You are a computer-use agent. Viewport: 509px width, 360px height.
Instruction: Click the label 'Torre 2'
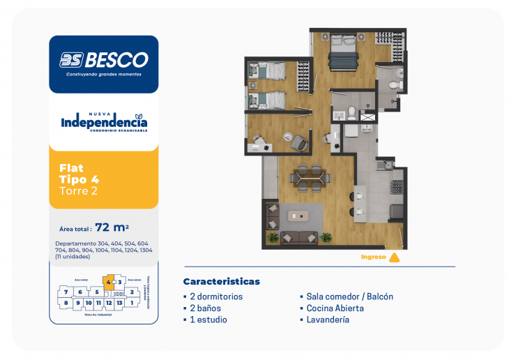[x=78, y=190]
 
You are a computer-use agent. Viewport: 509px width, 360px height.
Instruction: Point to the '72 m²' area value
[x=112, y=227]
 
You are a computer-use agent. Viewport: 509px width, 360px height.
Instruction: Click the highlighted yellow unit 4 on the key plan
[x=108, y=282]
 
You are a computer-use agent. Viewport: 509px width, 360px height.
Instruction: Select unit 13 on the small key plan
[x=120, y=303]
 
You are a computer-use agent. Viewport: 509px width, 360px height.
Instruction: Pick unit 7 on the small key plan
[x=66, y=292]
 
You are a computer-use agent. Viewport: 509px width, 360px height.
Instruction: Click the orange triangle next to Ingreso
[x=394, y=257]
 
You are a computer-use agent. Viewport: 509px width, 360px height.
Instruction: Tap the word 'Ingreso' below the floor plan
[x=373, y=257]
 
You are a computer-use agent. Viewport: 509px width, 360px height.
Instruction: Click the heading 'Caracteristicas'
[x=221, y=282]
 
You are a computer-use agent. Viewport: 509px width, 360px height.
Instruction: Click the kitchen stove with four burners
[x=397, y=187]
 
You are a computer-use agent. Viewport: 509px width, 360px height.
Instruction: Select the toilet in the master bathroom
[x=394, y=84]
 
